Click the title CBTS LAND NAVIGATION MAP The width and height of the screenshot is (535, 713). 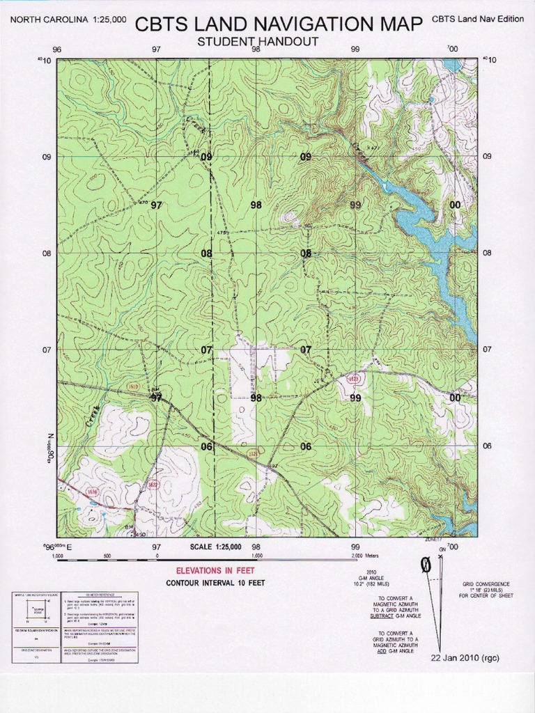click(278, 24)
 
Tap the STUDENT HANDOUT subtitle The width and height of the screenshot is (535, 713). click(258, 42)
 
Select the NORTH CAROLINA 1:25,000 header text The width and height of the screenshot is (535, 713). click(68, 19)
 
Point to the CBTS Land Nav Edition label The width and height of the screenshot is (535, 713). click(477, 19)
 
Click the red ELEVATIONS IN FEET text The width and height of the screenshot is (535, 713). click(215, 570)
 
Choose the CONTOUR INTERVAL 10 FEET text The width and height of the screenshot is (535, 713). click(215, 583)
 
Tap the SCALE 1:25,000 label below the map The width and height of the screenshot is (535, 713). click(215, 547)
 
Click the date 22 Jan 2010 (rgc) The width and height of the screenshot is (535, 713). click(465, 657)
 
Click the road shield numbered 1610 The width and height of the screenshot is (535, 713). click(134, 386)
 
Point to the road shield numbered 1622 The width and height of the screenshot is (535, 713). click(152, 484)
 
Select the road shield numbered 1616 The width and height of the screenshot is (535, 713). click(93, 492)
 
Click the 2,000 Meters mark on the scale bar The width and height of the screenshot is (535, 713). click(366, 556)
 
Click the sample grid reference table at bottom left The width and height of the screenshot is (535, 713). click(75, 627)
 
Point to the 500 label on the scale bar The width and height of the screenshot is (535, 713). click(107, 556)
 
